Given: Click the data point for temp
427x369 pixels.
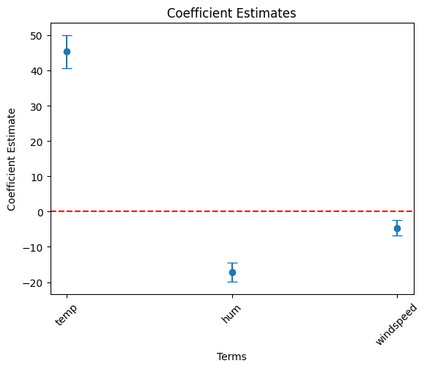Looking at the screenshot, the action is click(x=67, y=52).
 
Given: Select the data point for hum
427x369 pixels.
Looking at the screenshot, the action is click(x=233, y=272).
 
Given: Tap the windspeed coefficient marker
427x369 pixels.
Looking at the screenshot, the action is click(x=397, y=229).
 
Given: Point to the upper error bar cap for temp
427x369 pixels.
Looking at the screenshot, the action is click(x=67, y=35).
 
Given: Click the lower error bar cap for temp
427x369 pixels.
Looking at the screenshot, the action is click(x=67, y=68).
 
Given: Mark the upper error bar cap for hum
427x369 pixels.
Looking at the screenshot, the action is click(x=233, y=263).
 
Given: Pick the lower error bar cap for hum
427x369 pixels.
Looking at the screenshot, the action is click(x=233, y=282).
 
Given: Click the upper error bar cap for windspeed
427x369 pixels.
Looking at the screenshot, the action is click(x=397, y=220).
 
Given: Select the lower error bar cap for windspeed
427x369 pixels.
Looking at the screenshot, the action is click(x=397, y=236).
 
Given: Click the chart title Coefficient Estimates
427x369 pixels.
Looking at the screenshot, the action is click(x=231, y=13).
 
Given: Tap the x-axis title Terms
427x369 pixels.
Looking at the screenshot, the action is click(x=231, y=357).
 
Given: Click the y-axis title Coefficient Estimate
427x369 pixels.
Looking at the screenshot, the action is click(x=11, y=159).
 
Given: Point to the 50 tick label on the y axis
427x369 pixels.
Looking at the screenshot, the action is click(x=36, y=36).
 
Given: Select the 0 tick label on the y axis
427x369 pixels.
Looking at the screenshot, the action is click(x=40, y=212).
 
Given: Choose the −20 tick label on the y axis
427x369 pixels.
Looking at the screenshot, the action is click(x=32, y=283).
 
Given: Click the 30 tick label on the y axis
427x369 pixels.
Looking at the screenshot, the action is click(x=36, y=107).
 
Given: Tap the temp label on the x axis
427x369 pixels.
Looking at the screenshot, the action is click(x=66, y=315).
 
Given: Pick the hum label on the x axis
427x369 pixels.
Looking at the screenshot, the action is click(x=231, y=314).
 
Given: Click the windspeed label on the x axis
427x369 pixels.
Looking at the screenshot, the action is click(x=396, y=324).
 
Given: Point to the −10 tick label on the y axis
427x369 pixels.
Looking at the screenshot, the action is click(x=32, y=248).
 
